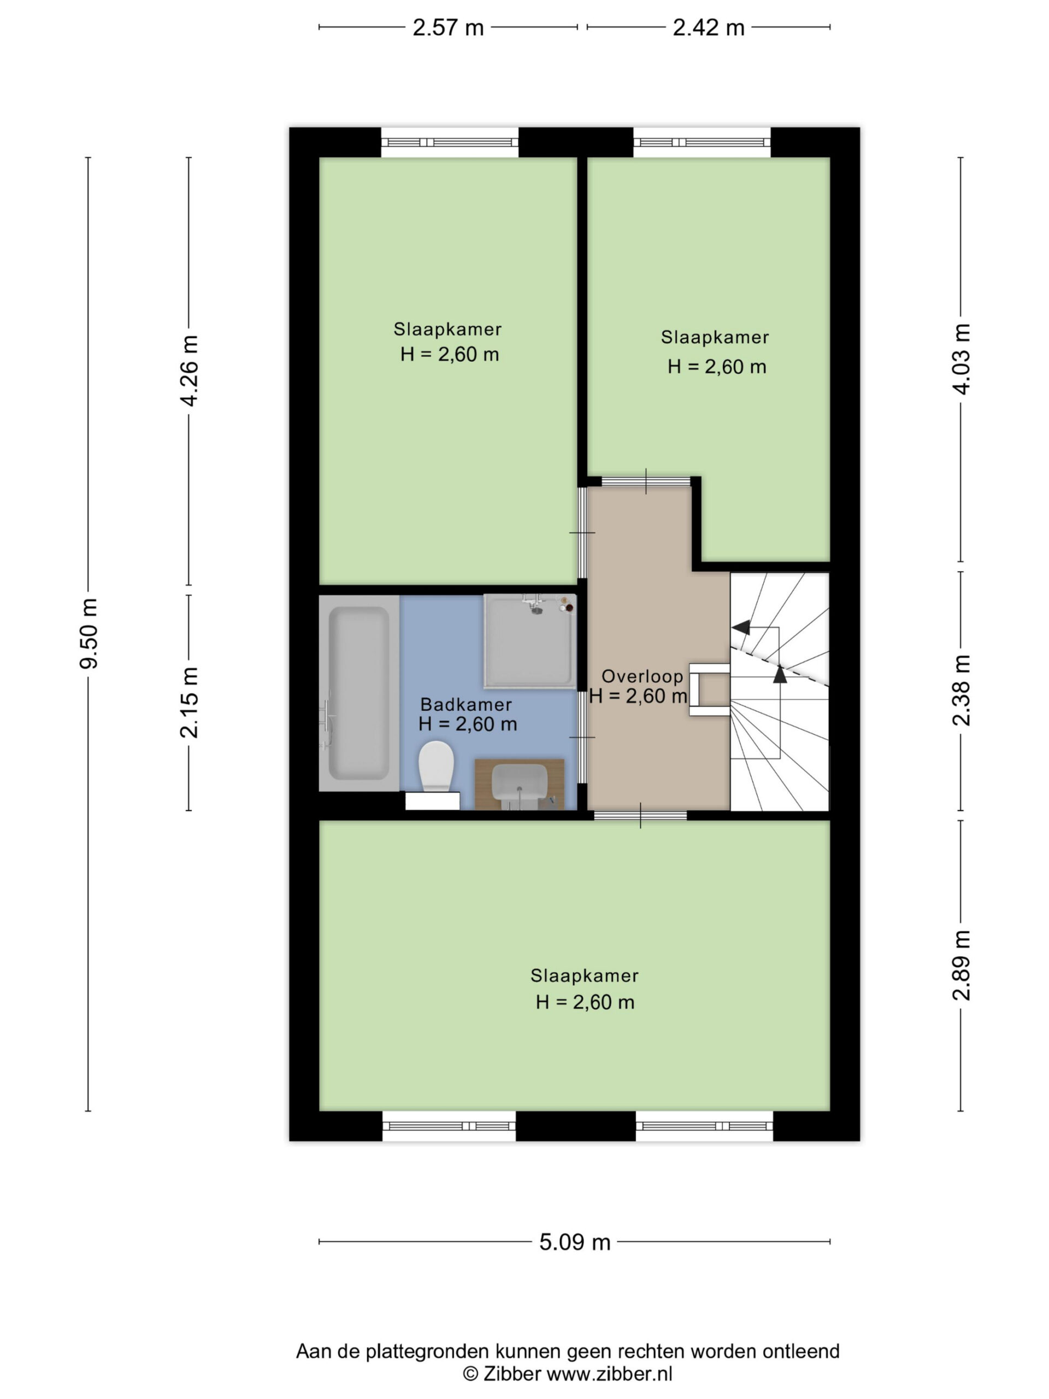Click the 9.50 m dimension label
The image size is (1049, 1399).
tap(89, 633)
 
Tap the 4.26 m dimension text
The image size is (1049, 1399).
tap(189, 371)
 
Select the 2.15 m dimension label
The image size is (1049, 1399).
tap(189, 702)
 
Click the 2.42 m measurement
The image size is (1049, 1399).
tap(708, 28)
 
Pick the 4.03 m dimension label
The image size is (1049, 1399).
tap(961, 358)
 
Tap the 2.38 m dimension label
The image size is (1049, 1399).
tap(961, 690)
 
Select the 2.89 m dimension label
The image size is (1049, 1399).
tap(961, 965)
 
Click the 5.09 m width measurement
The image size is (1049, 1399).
tap(575, 1243)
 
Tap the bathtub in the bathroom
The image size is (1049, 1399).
tap(358, 693)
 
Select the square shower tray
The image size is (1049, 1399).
tap(530, 640)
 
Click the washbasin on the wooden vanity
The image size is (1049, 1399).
tap(519, 781)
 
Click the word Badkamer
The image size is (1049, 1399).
tap(466, 704)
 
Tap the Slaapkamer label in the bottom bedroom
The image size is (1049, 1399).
tap(584, 976)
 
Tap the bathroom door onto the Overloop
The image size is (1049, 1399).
tap(582, 737)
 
